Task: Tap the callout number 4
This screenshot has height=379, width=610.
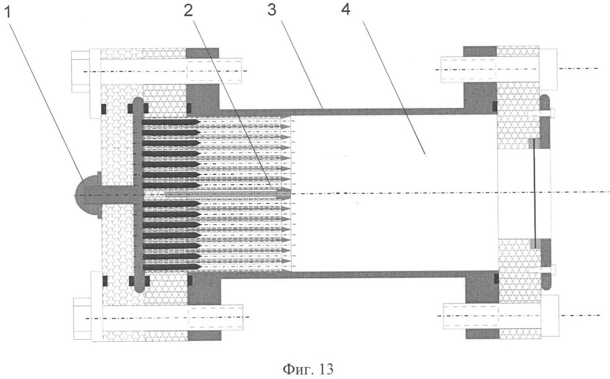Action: point(345,11)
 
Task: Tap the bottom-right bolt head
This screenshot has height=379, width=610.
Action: point(550,315)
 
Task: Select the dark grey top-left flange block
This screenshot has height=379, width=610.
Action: point(203,79)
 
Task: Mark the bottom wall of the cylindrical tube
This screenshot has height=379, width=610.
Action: point(335,274)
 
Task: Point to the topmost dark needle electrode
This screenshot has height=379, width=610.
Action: point(170,122)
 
